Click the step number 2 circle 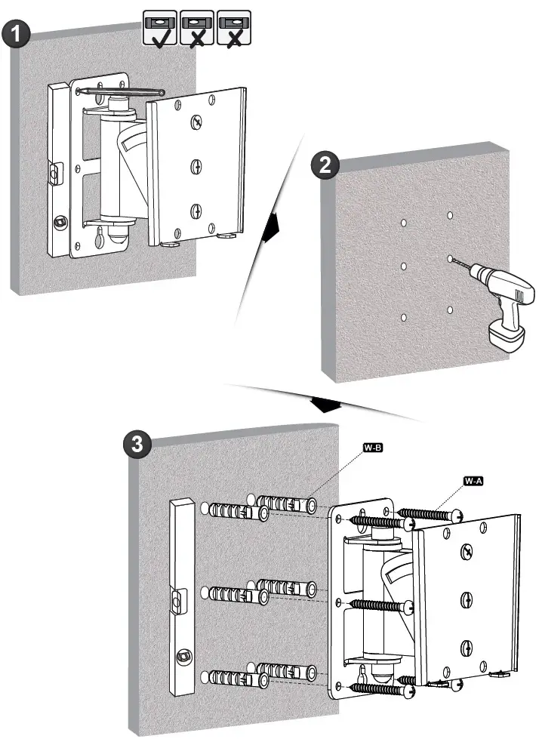point(325,166)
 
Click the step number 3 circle point(137,445)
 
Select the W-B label point(374,449)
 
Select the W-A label point(473,481)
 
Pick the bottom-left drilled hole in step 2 point(405,316)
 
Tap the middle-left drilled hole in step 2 point(405,267)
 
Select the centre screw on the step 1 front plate point(195,165)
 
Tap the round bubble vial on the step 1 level point(58,222)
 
